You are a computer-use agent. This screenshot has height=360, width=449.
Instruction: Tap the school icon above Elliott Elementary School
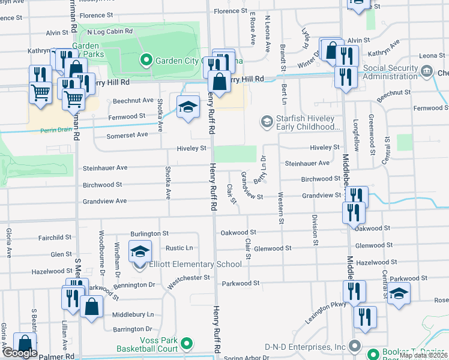[x=140, y=251]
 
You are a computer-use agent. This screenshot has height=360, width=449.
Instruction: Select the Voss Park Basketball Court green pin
[x=187, y=343]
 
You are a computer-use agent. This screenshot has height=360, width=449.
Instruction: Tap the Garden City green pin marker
[x=145, y=60]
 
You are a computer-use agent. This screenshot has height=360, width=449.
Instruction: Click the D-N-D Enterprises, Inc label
[x=313, y=346]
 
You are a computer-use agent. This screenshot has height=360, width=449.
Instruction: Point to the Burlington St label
[x=149, y=233]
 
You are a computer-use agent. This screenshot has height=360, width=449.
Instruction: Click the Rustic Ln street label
[x=179, y=248]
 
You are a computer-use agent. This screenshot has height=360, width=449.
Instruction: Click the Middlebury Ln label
[x=133, y=314]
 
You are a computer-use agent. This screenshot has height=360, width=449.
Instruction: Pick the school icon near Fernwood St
[x=188, y=107]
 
